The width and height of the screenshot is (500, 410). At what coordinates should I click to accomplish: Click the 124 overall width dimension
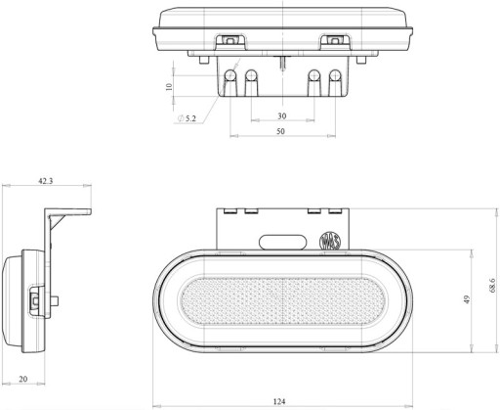point(279,401)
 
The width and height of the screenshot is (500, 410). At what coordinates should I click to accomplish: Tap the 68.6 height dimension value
point(492,286)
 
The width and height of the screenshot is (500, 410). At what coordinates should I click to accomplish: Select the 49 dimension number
point(467,299)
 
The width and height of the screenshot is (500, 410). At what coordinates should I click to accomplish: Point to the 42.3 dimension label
point(46,181)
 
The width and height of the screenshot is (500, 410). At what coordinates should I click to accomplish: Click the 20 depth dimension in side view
point(23,379)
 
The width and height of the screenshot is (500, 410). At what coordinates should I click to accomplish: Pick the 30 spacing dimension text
point(282,115)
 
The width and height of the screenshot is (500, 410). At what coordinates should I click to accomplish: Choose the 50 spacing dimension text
point(280,131)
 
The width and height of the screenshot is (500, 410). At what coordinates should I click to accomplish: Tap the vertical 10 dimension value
point(169,87)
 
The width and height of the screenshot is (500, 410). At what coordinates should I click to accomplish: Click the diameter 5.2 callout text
point(187,118)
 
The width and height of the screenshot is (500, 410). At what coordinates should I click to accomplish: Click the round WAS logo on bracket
point(330,241)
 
